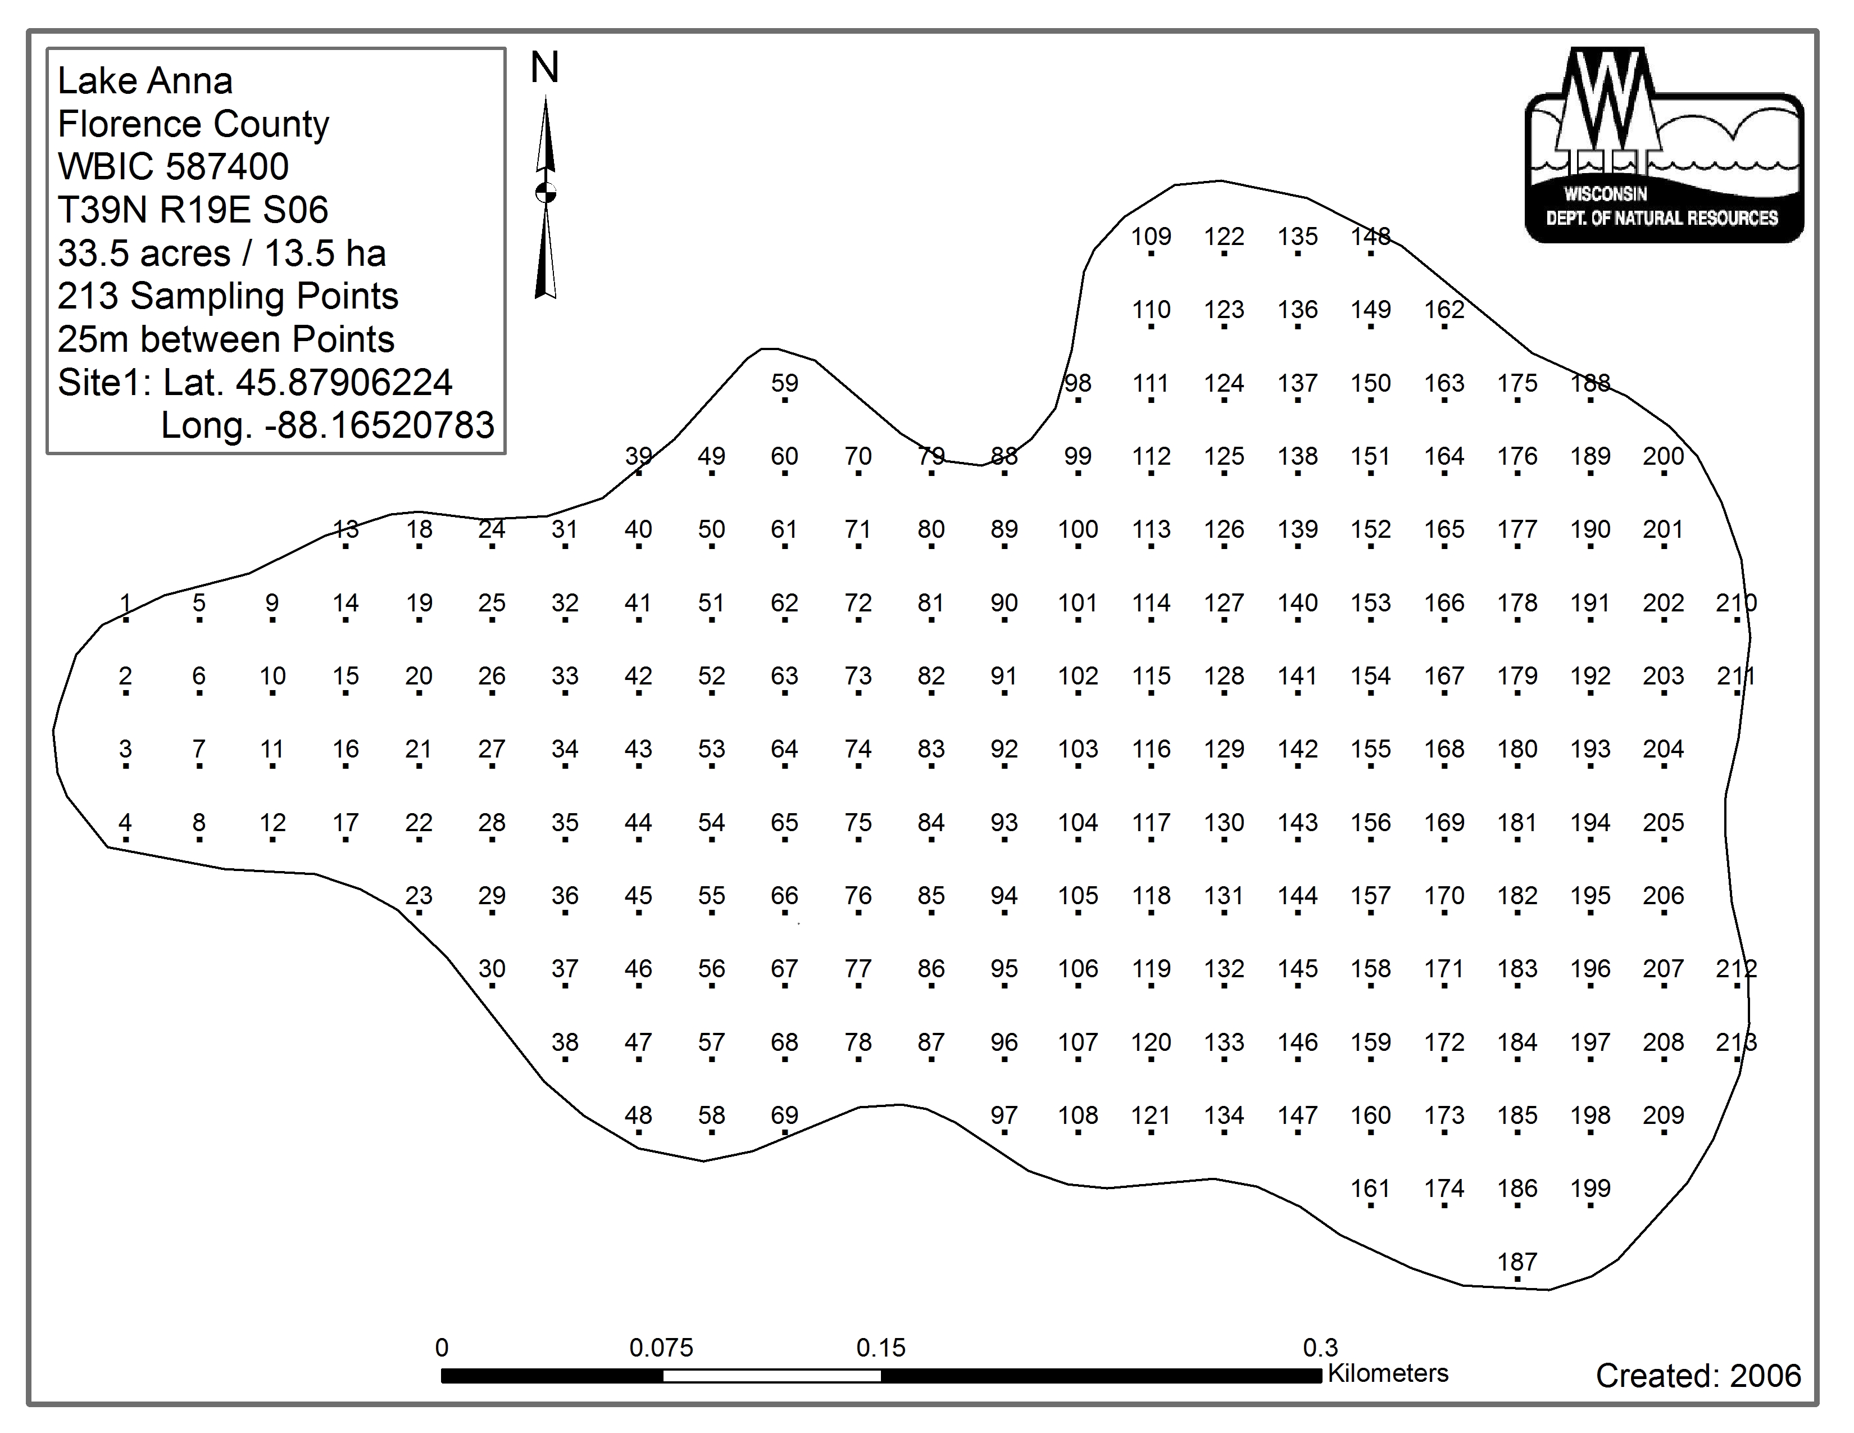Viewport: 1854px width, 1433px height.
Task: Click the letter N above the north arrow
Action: coord(545,68)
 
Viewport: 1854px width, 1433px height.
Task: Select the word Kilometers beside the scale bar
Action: coord(1387,1373)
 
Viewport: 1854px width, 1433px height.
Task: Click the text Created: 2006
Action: coord(1698,1375)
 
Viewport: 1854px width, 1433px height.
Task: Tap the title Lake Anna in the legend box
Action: coord(145,81)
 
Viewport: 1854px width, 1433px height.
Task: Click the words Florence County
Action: coord(193,125)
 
